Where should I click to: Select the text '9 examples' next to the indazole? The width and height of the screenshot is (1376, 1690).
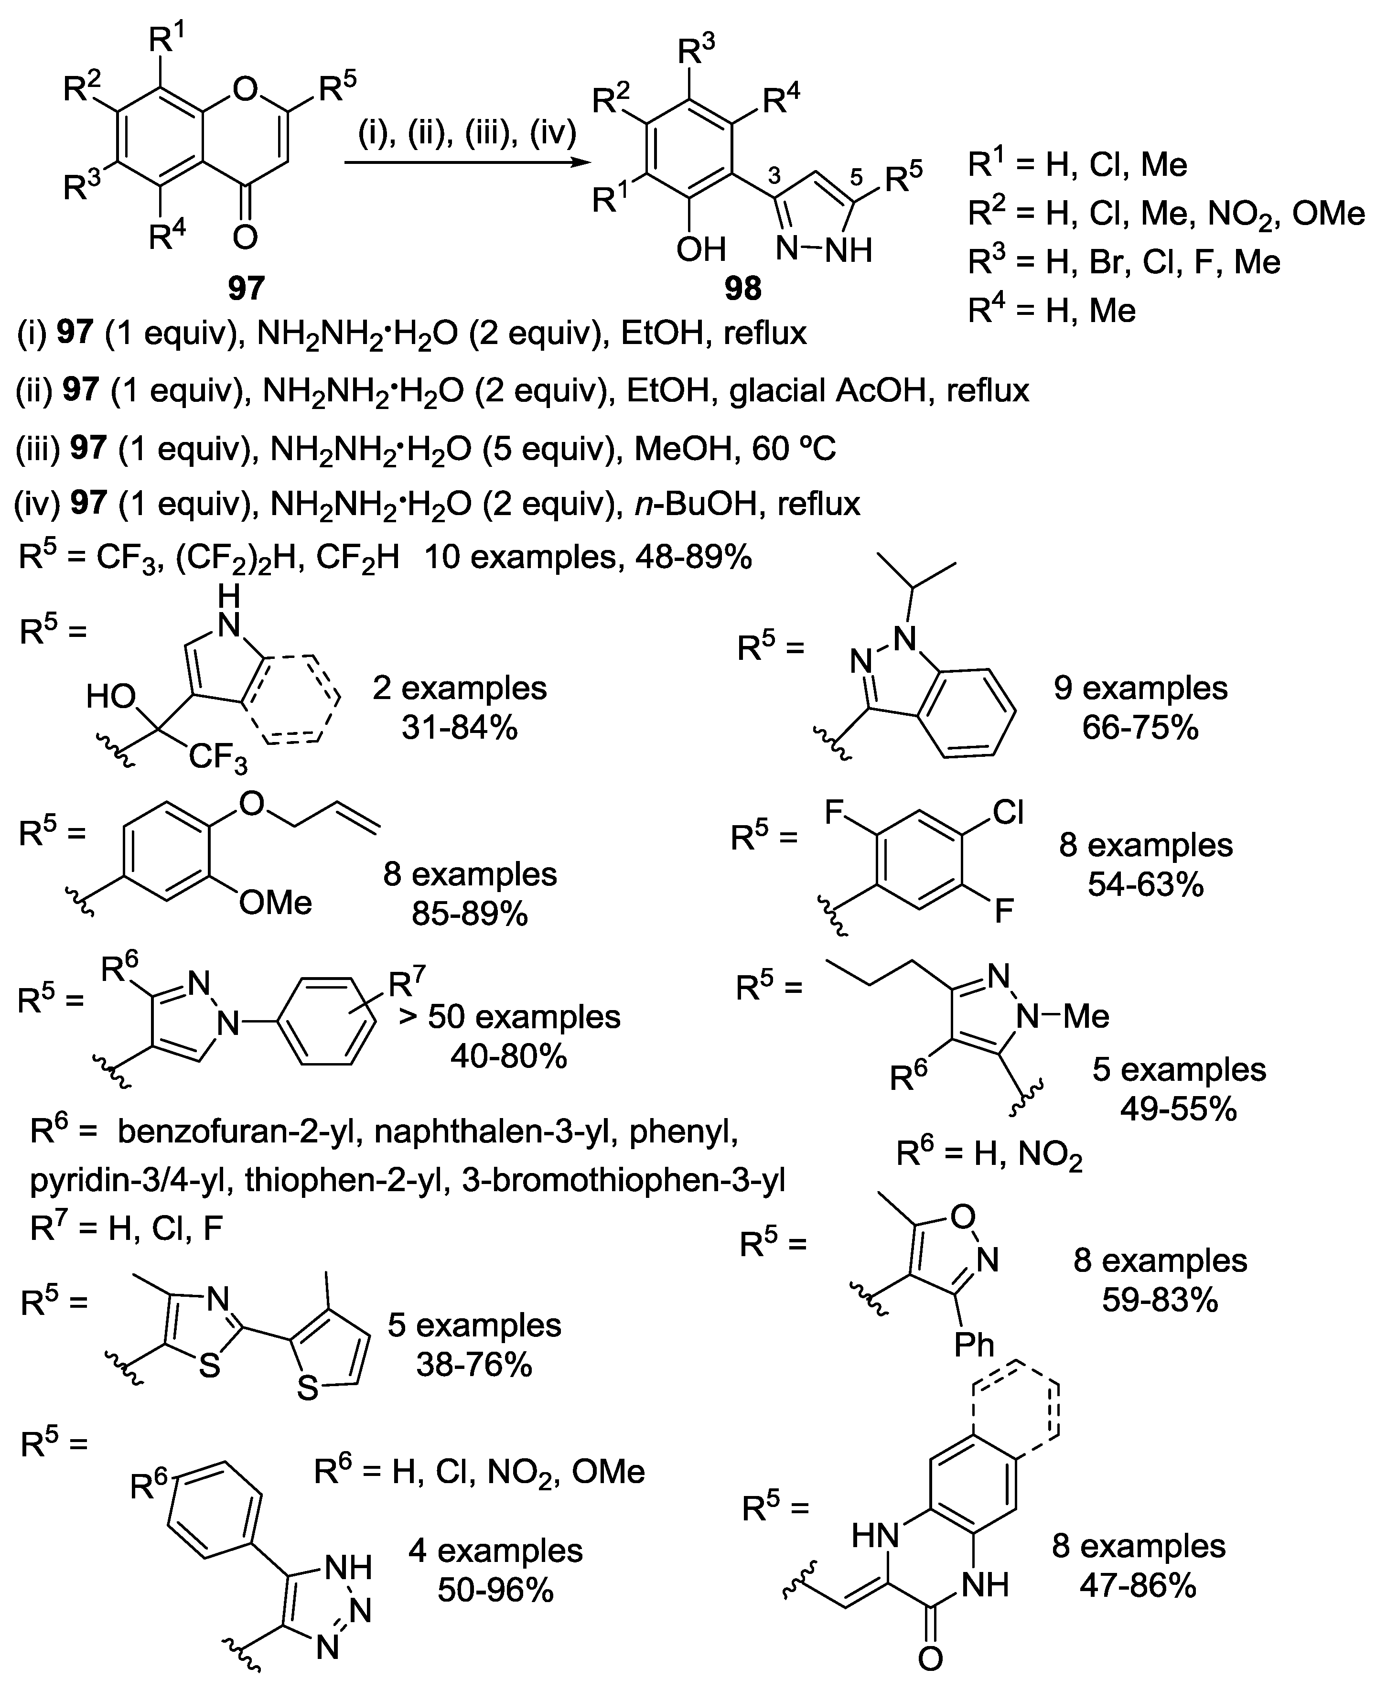pyautogui.click(x=1140, y=688)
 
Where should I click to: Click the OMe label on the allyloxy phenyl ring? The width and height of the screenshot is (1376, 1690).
pyautogui.click(x=275, y=903)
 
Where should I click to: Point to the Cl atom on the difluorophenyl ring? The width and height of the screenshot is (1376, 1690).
pyautogui.click(x=1008, y=812)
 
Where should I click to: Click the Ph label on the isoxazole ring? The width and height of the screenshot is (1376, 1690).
pyautogui.click(x=974, y=1345)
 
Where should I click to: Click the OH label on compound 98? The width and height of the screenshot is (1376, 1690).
pyautogui.click(x=701, y=250)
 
